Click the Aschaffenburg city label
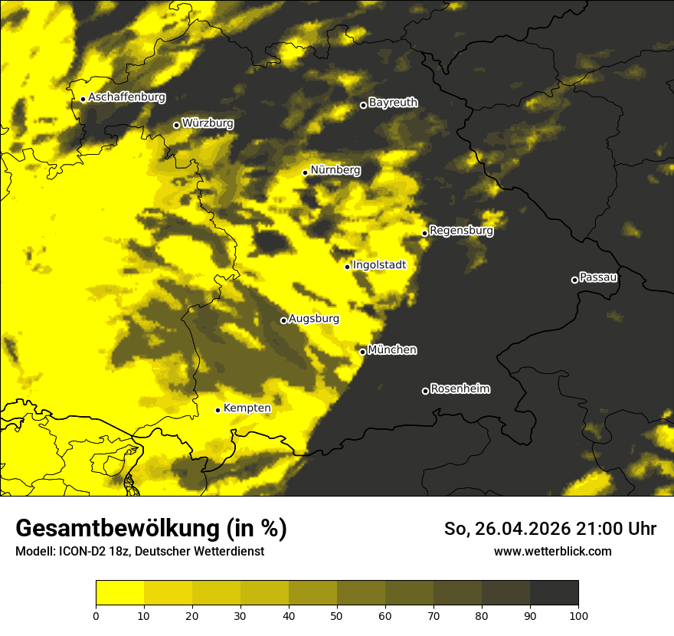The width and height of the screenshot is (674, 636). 126,97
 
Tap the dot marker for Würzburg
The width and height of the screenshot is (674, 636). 176,125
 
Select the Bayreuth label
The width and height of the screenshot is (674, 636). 393,103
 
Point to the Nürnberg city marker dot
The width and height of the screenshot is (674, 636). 305,172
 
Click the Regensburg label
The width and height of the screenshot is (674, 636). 461,230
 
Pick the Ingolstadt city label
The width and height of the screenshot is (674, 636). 379,265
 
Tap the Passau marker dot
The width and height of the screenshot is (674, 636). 574,280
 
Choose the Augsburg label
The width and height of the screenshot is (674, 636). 313,319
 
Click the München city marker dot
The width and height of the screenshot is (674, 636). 362,352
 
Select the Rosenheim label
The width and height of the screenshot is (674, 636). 460,389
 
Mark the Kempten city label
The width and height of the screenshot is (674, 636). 247,408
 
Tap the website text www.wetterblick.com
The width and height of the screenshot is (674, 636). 552,551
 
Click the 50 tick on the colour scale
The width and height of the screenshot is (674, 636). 337,615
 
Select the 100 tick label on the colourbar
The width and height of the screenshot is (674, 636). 578,615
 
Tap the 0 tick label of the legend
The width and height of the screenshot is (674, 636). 96,615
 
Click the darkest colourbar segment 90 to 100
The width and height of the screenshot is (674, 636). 554,593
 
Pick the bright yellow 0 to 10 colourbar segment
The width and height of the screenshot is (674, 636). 119,593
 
